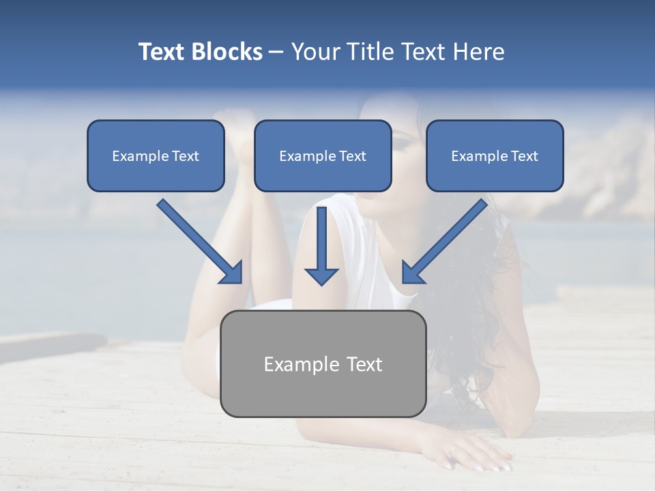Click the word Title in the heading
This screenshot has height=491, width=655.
coord(369,51)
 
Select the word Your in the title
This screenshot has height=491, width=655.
coord(317,51)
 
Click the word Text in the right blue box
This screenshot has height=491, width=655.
coord(524,156)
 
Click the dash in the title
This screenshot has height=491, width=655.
coord(276,53)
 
